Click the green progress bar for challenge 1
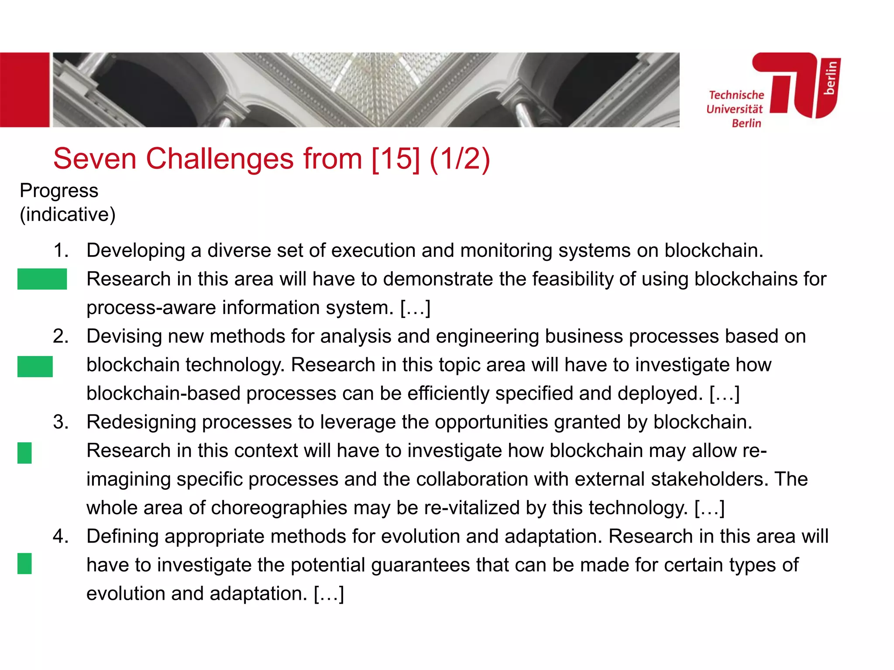click(x=42, y=279)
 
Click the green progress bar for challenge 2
click(x=35, y=366)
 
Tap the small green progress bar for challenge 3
click(x=24, y=452)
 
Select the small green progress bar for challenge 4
click(x=24, y=563)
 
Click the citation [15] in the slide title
click(x=395, y=158)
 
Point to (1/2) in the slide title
click(x=460, y=158)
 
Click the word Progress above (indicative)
click(x=59, y=191)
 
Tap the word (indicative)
click(x=68, y=214)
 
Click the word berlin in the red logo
click(x=830, y=78)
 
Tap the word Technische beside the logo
click(x=736, y=95)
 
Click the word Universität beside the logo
click(x=734, y=109)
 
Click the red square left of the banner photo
click(x=24, y=90)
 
